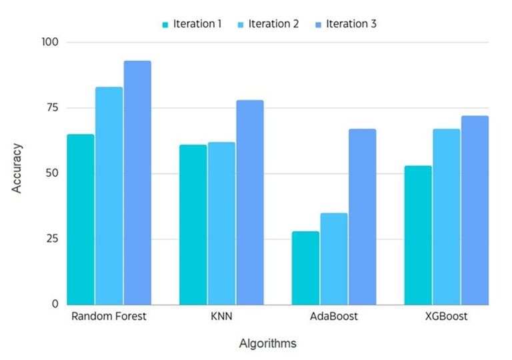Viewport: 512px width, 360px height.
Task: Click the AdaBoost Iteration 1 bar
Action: (305, 267)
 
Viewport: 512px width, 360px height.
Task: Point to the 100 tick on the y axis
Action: (51, 42)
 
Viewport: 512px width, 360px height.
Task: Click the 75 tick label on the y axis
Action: (51, 108)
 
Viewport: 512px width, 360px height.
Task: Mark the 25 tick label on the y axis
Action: (51, 239)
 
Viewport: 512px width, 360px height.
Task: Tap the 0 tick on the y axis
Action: (55, 304)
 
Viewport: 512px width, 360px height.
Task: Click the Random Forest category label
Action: (108, 316)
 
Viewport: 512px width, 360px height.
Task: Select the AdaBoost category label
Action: (334, 316)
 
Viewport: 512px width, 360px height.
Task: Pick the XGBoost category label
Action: (446, 316)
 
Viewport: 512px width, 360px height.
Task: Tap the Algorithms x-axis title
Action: (267, 343)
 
